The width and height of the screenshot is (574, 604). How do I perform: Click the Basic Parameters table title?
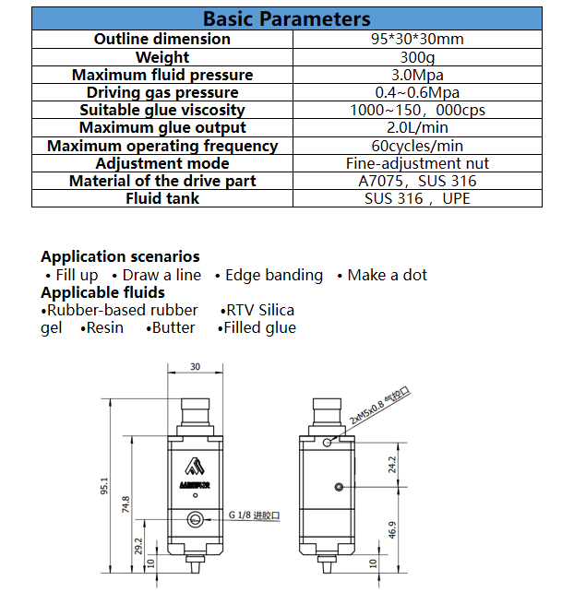286,18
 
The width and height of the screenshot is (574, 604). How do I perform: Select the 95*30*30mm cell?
417,40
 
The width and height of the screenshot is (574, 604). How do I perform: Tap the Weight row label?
162,57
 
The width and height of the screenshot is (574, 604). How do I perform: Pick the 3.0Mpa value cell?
417,75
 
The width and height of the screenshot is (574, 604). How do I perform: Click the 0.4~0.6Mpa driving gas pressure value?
417,92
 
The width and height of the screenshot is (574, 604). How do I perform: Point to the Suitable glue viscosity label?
162,110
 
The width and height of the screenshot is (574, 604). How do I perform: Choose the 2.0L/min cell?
417,127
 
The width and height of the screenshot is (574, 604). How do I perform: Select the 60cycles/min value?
417,146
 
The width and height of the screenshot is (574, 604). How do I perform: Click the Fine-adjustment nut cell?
417,163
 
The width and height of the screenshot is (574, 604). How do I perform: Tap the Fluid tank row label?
162,198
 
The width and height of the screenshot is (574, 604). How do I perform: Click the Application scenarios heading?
120,256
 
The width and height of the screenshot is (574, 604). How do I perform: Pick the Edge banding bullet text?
274,276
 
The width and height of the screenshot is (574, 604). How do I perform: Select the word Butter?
173,327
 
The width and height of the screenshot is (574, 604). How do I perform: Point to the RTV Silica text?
260,310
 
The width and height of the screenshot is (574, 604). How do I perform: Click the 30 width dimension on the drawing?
195,367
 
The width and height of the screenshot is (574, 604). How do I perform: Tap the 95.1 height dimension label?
104,486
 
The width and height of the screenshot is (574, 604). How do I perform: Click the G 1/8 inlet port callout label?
254,515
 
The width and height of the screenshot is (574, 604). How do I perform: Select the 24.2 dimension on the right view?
392,465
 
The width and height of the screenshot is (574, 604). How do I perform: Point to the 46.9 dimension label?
392,530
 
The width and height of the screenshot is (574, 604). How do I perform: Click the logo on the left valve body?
195,466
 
